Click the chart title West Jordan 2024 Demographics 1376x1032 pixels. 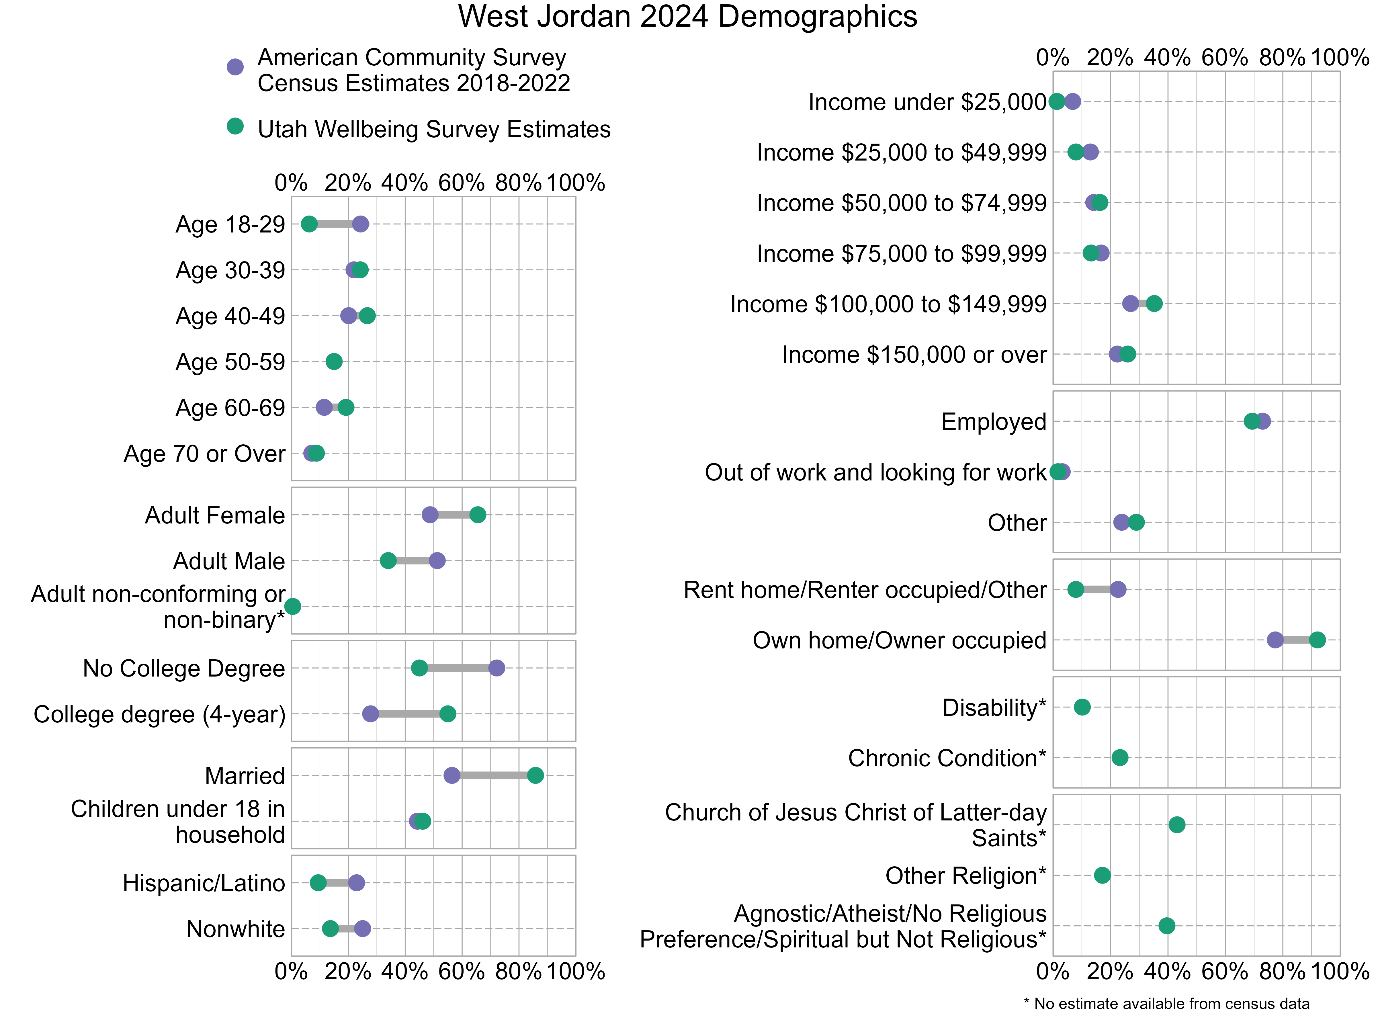click(687, 17)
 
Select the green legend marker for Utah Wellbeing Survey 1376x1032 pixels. click(234, 126)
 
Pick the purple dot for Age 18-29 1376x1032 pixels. click(360, 224)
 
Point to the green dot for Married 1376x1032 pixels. click(535, 775)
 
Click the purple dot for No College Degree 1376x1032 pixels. click(497, 668)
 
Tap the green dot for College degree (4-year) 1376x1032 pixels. click(447, 714)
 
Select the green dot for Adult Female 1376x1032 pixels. click(477, 515)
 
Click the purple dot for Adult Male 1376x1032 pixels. click(437, 560)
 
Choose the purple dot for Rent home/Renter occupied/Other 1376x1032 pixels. click(1118, 589)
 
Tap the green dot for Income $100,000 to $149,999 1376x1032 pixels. click(1154, 304)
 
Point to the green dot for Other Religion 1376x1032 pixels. click(1102, 875)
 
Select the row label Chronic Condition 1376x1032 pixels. click(947, 758)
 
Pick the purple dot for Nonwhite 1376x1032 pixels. click(362, 928)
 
